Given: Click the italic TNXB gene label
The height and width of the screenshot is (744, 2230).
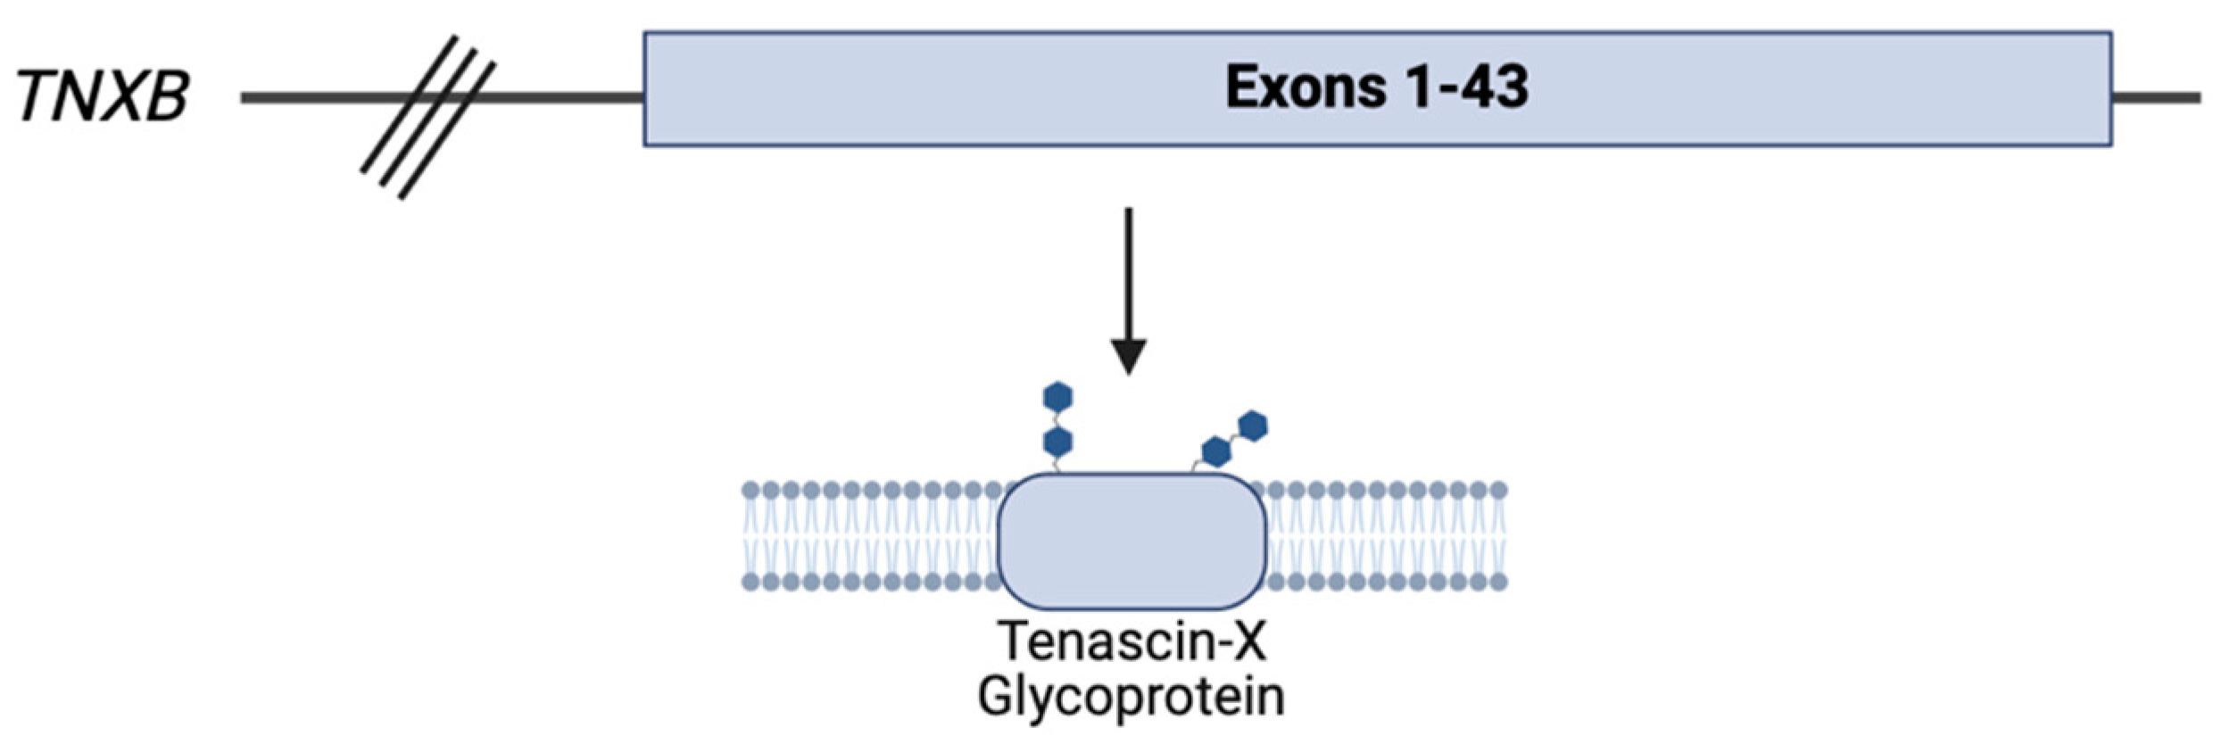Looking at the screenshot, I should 103,96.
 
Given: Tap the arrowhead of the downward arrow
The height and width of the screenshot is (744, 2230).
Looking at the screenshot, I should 1129,356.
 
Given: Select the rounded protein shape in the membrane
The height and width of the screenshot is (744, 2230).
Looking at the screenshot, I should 1132,541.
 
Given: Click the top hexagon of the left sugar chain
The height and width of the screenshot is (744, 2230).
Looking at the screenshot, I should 1057,397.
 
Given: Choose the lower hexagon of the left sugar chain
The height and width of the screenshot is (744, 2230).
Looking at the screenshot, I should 1057,442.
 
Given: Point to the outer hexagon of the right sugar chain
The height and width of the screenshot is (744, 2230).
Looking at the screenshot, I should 1253,426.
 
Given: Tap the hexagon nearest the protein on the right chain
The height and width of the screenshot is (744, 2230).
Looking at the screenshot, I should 1215,452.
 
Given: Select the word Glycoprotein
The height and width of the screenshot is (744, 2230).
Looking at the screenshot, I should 1132,697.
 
